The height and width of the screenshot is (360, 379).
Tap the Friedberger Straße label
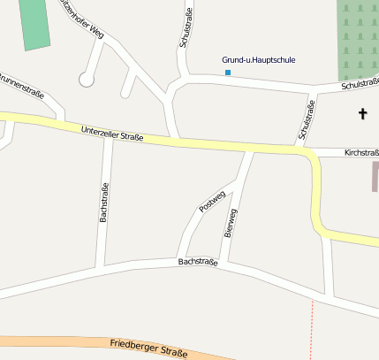click(149, 349)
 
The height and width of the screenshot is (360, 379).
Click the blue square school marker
click(228, 72)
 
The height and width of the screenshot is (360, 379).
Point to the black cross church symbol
click(362, 113)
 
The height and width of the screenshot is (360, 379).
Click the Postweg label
click(212, 201)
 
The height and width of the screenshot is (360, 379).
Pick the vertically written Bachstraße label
click(104, 202)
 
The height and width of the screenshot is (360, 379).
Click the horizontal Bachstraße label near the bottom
click(197, 262)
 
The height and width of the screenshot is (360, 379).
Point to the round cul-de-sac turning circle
click(86, 80)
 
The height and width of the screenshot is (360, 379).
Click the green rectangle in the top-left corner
click(34, 23)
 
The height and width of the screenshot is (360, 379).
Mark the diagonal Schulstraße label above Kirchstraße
click(307, 120)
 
